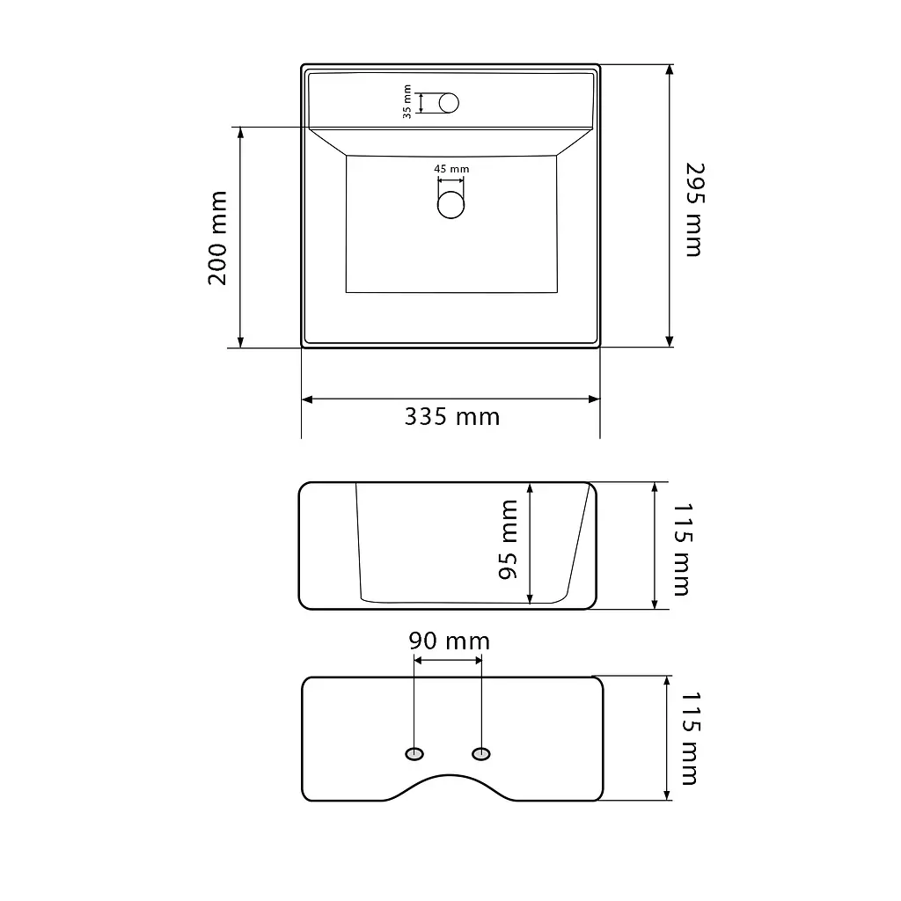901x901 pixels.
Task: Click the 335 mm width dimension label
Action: pyautogui.click(x=452, y=416)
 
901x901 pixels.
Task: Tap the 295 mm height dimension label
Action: pyautogui.click(x=695, y=209)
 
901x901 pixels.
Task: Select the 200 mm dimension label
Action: pyautogui.click(x=218, y=238)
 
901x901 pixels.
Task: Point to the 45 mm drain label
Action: pyautogui.click(x=451, y=169)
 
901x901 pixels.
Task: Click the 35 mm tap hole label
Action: pyautogui.click(x=407, y=102)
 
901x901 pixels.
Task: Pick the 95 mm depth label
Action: pyautogui.click(x=508, y=539)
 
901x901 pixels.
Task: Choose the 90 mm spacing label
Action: pyautogui.click(x=450, y=641)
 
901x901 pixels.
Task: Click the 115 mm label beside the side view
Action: pyautogui.click(x=682, y=550)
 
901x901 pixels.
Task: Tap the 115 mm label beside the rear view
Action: pyautogui.click(x=690, y=738)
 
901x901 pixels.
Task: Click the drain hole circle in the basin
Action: pyautogui.click(x=450, y=204)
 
